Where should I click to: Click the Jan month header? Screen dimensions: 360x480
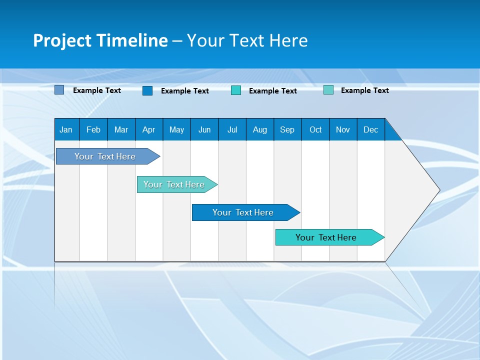pos(66,129)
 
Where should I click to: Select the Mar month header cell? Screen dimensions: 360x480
pos(121,129)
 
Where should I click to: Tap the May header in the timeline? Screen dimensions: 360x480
pos(176,129)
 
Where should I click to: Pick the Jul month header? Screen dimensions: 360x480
pos(232,129)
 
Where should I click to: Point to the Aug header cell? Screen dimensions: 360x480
pos(259,129)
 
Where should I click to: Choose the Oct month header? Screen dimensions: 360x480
pos(315,129)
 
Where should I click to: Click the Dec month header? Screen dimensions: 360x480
pos(370,129)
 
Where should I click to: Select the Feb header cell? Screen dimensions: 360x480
pos(93,129)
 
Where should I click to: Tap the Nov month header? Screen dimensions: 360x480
pos(343,129)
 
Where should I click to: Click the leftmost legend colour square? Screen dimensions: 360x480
pos(59,90)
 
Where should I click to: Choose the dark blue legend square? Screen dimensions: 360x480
pos(147,90)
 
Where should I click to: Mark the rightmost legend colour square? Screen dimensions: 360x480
pos(328,90)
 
